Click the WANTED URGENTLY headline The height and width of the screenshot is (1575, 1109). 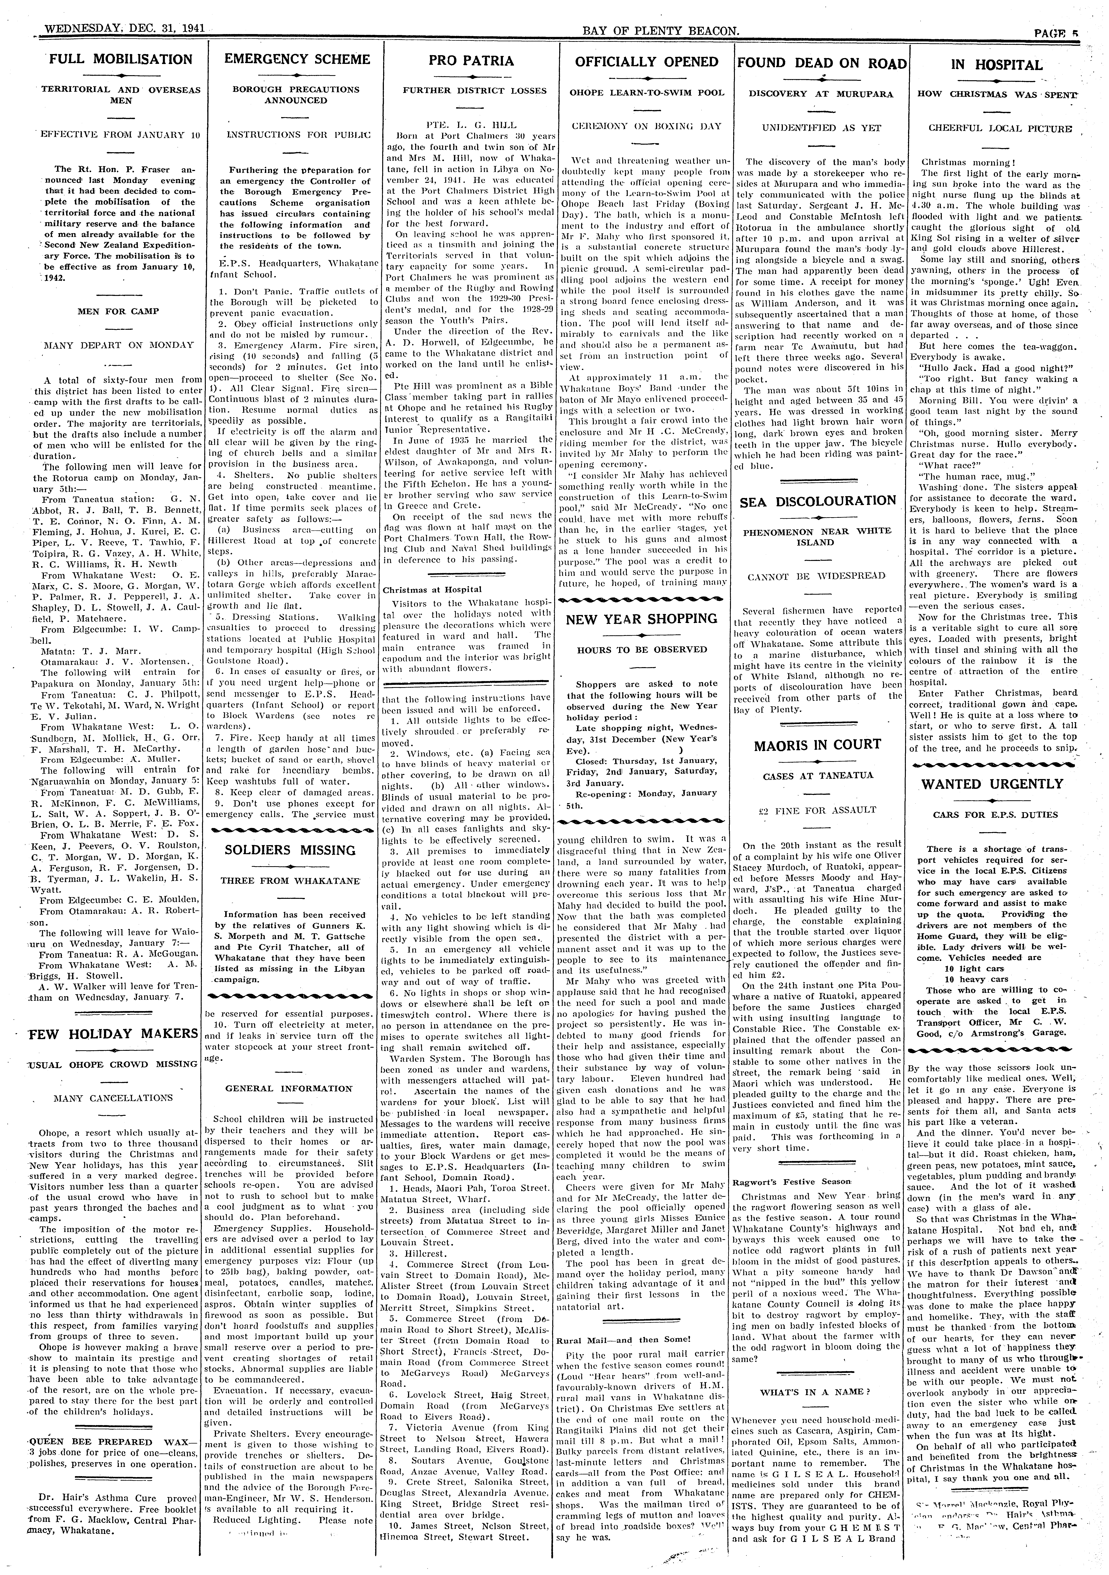click(x=997, y=784)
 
